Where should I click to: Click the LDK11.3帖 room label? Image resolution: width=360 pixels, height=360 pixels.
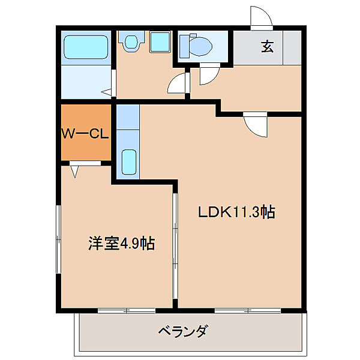236,212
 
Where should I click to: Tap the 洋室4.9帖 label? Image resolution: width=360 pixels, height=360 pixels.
121,244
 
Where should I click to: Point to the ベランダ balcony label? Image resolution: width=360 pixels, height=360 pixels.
183,331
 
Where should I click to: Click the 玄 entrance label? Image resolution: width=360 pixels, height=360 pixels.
267,47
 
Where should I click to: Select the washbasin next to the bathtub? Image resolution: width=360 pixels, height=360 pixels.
130,41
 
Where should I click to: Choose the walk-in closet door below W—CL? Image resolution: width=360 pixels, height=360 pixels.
75,170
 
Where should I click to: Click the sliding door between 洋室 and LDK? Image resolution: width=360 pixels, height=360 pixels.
175,246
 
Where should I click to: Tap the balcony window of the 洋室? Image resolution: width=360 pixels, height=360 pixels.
127,310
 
